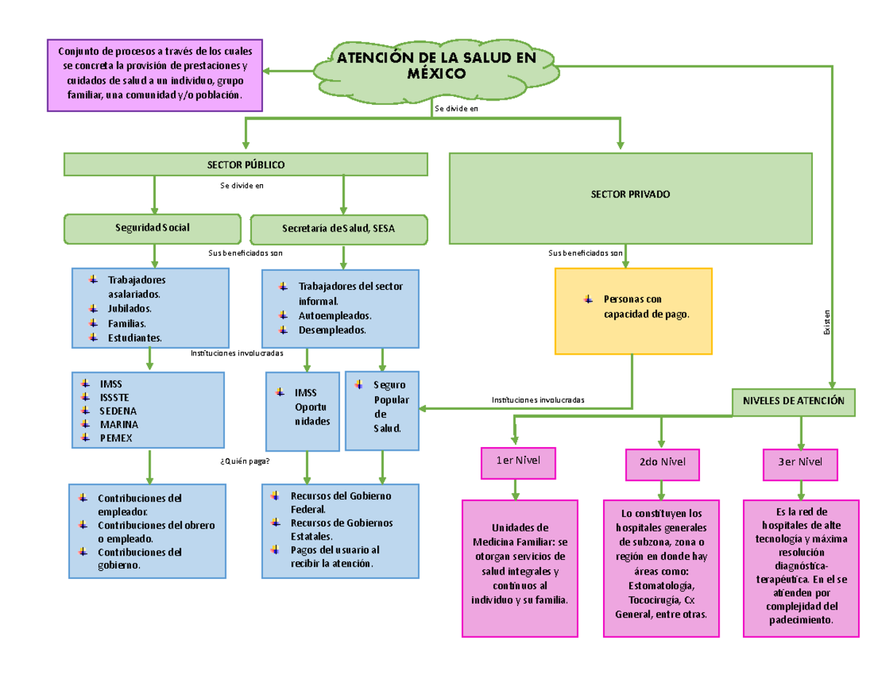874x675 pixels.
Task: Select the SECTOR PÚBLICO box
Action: [x=245, y=165]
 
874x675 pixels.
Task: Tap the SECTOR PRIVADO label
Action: [x=630, y=195]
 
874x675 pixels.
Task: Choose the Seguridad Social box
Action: [x=152, y=228]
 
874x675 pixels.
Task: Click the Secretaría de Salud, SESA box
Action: [x=339, y=229]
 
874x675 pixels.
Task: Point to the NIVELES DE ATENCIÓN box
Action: [x=792, y=401]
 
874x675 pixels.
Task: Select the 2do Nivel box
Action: [x=661, y=462]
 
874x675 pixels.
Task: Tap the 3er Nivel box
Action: [x=800, y=462]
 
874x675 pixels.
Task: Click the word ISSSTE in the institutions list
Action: [x=114, y=397]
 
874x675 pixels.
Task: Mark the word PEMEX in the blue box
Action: [x=117, y=438]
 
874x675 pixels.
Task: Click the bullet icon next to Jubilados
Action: [x=92, y=308]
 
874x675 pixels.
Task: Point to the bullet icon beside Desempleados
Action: [x=283, y=330]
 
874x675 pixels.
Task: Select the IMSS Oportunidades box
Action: [x=303, y=410]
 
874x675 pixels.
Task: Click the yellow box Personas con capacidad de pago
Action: [x=633, y=311]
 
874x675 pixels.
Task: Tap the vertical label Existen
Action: [x=827, y=323]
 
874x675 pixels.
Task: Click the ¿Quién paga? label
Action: [x=244, y=460]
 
